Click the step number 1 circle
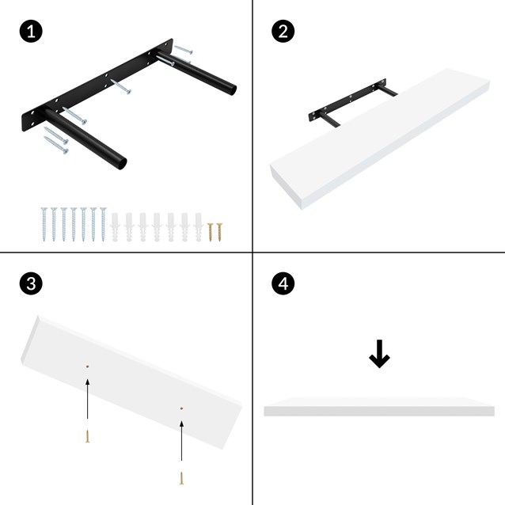click(30, 32)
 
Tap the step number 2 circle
click(283, 32)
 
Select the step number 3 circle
click(30, 284)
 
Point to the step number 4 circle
click(283, 284)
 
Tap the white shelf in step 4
click(378, 407)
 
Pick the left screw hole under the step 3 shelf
click(87, 366)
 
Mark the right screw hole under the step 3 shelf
click(181, 408)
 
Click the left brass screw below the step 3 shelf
click(87, 436)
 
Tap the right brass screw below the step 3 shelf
click(181, 478)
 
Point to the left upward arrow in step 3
click(87, 400)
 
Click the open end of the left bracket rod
click(119, 164)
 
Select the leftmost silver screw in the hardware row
click(44, 224)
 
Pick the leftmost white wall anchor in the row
click(116, 226)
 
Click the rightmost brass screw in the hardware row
click(219, 231)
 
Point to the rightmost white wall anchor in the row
click(198, 226)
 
